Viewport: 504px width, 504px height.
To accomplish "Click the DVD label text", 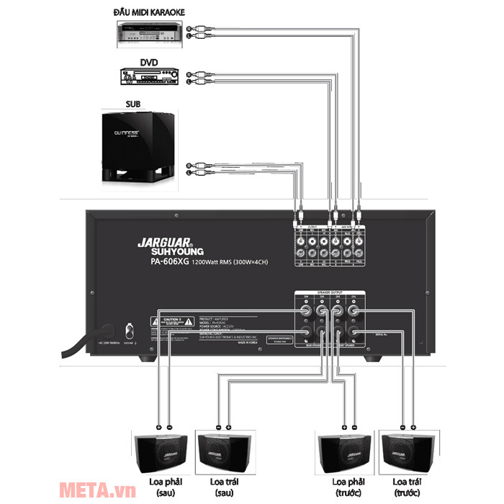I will [x=150, y=62].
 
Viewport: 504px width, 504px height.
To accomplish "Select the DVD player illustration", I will [x=150, y=77].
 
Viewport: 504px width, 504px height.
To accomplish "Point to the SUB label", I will [x=134, y=104].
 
